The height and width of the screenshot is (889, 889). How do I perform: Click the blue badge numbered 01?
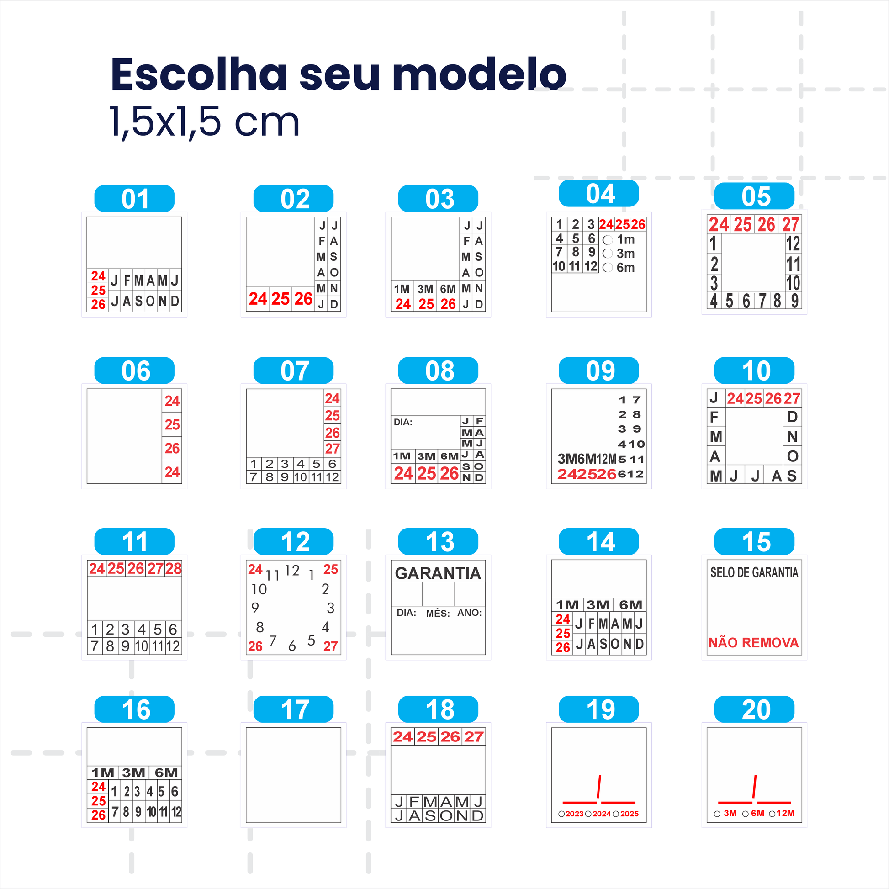click(134, 199)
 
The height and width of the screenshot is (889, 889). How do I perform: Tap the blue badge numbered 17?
click(293, 709)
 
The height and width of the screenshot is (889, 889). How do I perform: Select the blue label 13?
click(438, 542)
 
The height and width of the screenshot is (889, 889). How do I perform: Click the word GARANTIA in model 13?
click(438, 573)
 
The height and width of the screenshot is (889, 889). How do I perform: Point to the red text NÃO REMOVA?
click(753, 642)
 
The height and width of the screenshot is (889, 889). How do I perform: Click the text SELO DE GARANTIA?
click(754, 572)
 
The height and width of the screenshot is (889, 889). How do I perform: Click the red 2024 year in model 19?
click(601, 814)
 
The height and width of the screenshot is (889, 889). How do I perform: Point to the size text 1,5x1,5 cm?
click(204, 122)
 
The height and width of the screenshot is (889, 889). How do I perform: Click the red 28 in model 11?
click(174, 569)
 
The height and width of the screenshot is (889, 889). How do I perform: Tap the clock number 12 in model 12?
click(292, 571)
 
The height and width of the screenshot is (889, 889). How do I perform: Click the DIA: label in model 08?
click(402, 422)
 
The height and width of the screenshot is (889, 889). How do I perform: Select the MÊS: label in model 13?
click(438, 614)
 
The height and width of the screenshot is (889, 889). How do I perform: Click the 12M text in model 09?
click(606, 459)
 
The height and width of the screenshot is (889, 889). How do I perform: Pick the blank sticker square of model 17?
click(293, 775)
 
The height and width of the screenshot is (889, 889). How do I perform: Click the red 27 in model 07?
click(332, 448)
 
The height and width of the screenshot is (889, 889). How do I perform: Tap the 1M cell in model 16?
click(103, 773)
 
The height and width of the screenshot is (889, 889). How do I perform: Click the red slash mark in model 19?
click(598, 787)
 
